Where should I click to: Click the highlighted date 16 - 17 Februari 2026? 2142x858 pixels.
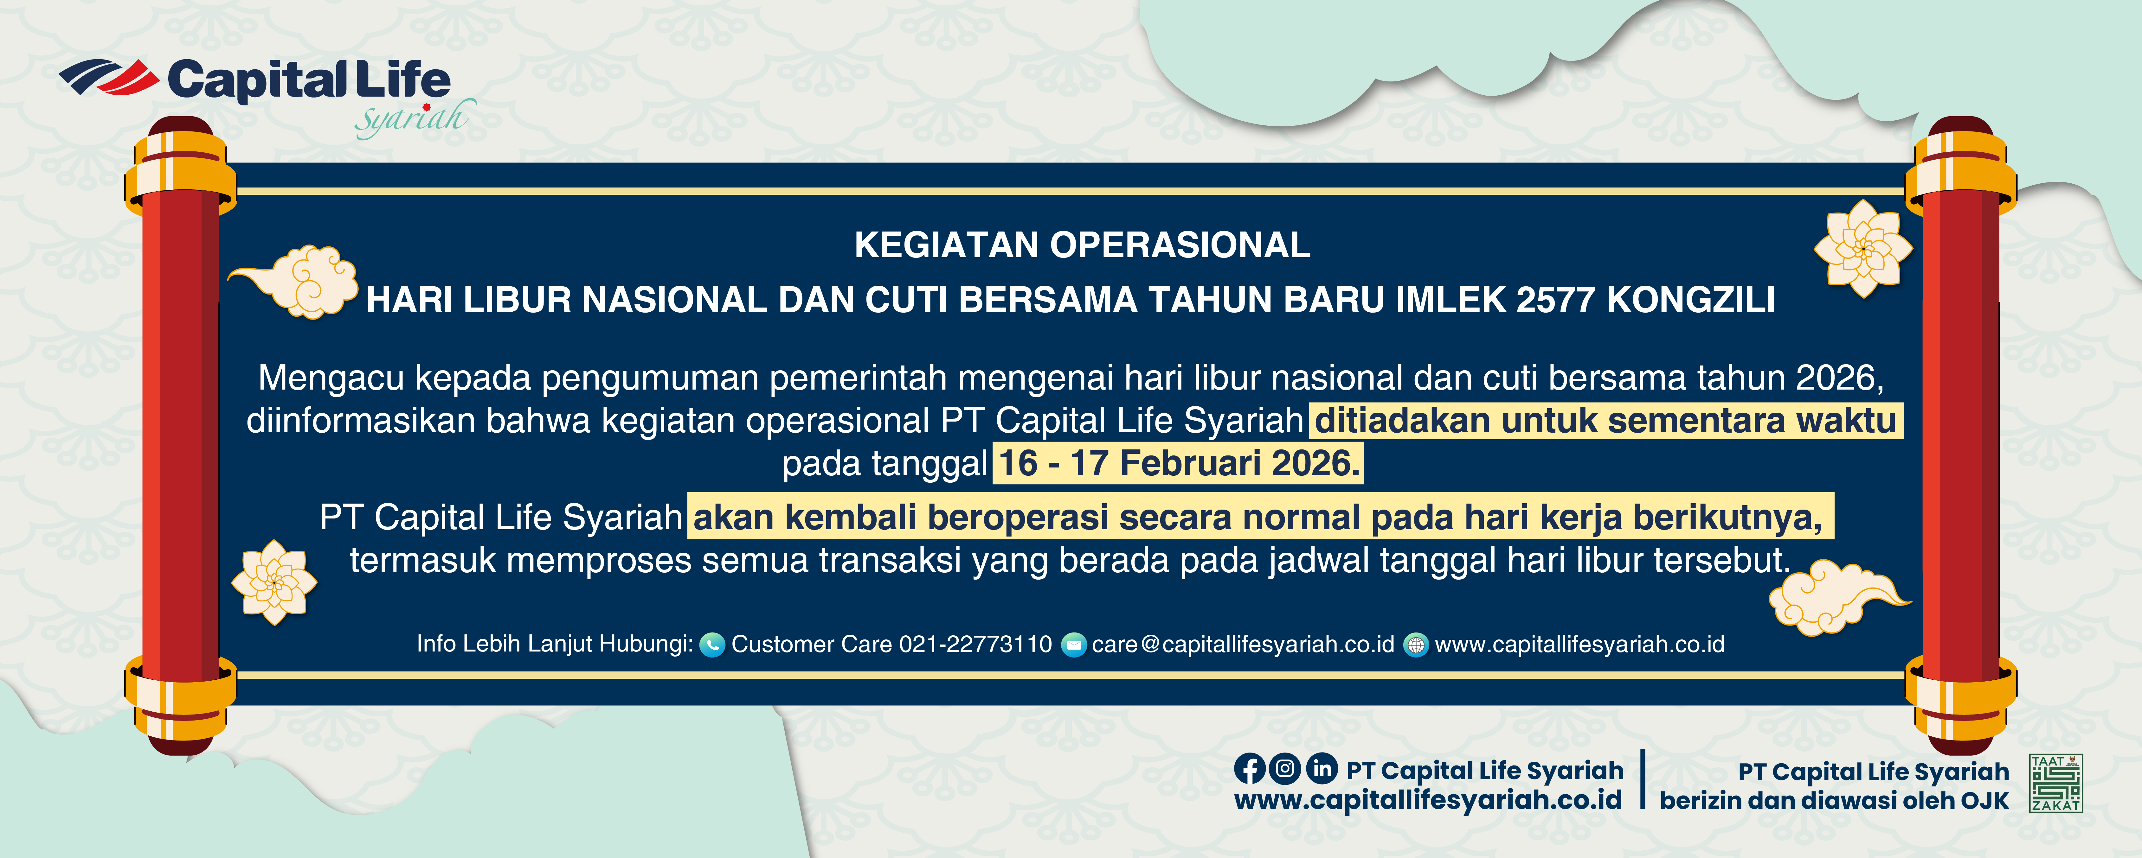(x=1178, y=463)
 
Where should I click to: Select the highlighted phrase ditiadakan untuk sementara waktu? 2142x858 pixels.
(x=1606, y=421)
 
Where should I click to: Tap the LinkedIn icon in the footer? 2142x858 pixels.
(x=1321, y=768)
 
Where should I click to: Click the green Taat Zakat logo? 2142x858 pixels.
(x=2055, y=783)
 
